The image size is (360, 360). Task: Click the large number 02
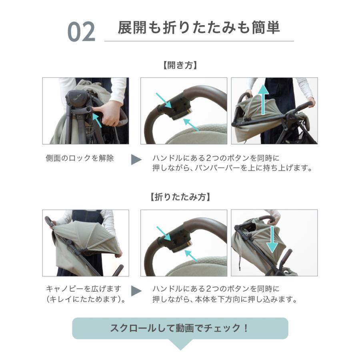[81, 32]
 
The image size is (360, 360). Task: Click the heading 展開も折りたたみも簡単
[199, 28]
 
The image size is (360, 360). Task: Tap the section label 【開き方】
[180, 65]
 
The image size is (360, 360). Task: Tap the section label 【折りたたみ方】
[180, 197]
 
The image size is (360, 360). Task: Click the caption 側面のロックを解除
[80, 158]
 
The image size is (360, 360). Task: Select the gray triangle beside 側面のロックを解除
[136, 160]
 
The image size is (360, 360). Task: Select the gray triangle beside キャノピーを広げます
[136, 291]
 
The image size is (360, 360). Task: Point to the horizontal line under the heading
[199, 41]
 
